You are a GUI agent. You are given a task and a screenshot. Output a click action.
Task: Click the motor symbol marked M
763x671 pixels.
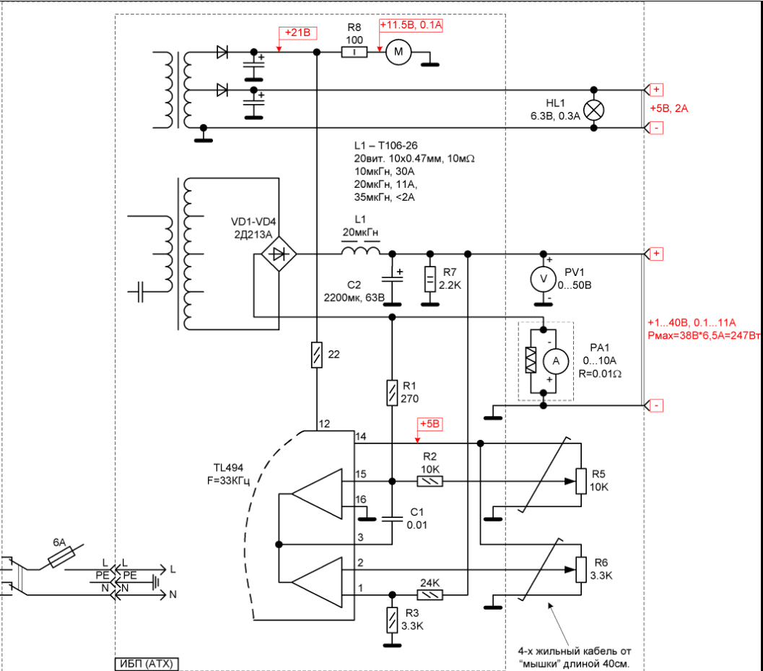point(397,52)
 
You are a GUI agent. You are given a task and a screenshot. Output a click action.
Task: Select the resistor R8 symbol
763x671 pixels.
point(354,52)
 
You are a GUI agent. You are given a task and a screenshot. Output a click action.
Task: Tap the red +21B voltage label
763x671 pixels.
point(298,33)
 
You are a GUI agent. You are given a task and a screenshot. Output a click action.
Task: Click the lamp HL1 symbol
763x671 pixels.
point(593,110)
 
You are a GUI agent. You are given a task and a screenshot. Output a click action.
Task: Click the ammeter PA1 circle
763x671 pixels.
point(556,360)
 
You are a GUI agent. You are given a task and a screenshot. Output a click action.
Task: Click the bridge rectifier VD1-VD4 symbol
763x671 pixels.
point(279,254)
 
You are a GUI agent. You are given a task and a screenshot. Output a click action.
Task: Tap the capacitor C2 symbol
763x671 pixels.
point(392,279)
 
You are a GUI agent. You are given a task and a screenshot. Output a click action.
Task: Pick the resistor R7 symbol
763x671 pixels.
point(430,279)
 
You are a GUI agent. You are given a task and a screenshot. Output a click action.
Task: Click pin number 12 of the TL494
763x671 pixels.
point(324,424)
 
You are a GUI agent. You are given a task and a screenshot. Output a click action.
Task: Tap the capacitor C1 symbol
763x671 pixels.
point(392,518)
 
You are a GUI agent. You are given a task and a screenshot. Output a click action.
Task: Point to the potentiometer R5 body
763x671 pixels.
point(580,481)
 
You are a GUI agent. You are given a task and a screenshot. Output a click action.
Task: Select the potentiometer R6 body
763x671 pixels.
point(580,570)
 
